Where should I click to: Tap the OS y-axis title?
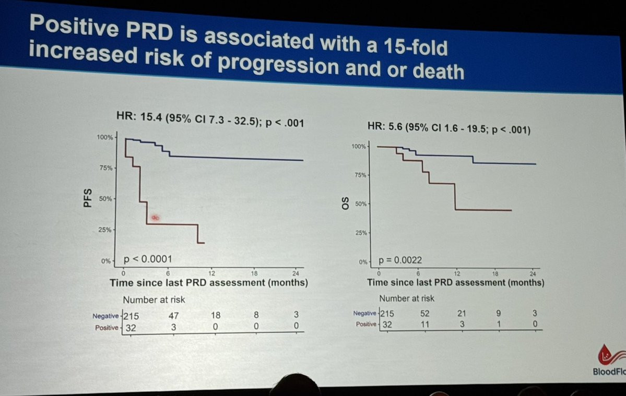click(x=344, y=203)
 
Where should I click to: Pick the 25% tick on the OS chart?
click(x=362, y=233)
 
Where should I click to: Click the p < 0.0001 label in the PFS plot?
click(x=148, y=259)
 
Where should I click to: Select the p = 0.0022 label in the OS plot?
click(x=401, y=260)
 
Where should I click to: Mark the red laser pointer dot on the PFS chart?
click(x=155, y=218)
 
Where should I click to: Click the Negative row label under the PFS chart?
click(x=106, y=316)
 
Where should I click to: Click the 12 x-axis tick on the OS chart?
click(x=457, y=273)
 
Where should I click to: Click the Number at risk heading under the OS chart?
click(x=407, y=298)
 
